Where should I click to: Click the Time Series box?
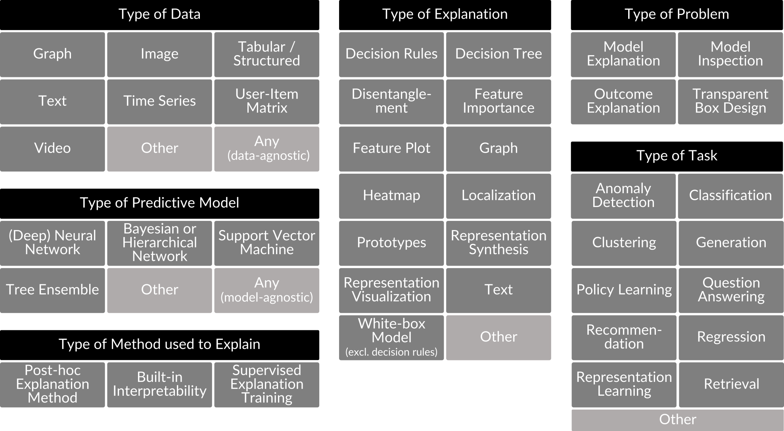(159, 102)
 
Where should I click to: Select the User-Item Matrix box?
(266, 102)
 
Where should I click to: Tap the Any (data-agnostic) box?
(266, 149)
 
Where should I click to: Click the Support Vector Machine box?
(266, 243)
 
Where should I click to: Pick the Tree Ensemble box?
(52, 290)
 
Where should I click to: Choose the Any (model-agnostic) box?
(266, 290)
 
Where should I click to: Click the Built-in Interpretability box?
(159, 384)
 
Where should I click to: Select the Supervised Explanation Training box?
(266, 384)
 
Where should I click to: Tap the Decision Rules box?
(391, 54)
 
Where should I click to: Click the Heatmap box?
(391, 195)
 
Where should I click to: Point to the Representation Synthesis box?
(498, 243)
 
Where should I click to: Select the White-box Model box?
(391, 337)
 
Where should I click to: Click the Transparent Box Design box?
(730, 102)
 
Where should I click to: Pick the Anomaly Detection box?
(623, 195)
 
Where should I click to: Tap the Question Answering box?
(731, 290)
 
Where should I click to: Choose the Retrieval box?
(731, 384)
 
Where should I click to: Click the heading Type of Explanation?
(445, 14)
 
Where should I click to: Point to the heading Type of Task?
(677, 155)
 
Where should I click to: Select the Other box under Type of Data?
(159, 149)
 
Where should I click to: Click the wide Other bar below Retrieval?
(677, 420)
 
